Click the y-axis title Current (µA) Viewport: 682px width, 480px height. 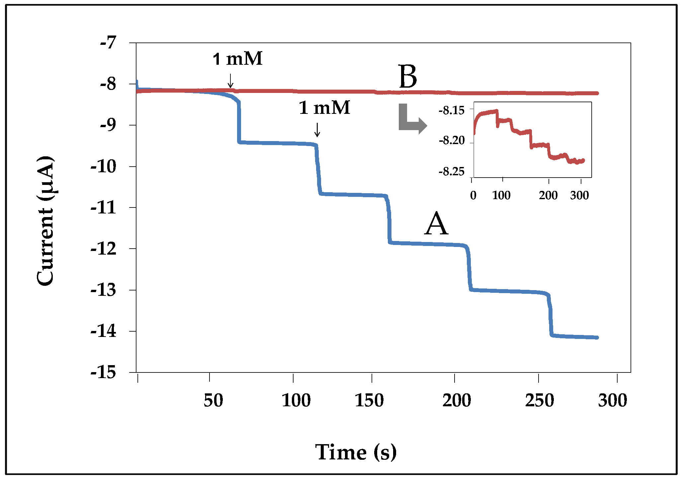tap(45, 221)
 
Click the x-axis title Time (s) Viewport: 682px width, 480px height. tap(356, 452)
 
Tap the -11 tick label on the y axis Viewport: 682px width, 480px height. tap(104, 207)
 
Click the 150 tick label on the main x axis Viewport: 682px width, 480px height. tap(369, 400)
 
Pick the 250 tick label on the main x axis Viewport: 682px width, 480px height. tap(540, 400)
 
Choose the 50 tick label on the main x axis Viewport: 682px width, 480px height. tap(213, 400)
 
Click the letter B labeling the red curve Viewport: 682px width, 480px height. tap(408, 77)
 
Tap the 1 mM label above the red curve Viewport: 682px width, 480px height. tap(238, 59)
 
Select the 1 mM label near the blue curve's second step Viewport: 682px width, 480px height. tap(324, 108)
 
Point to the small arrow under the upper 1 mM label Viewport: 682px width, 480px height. tap(230, 81)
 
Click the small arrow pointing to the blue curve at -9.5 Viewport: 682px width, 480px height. tap(317, 130)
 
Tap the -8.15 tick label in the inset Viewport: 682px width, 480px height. tap(452, 110)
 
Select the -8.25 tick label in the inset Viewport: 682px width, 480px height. tap(452, 172)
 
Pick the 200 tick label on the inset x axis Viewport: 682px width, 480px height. tap(548, 195)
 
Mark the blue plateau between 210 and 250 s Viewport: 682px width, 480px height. tap(508, 291)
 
